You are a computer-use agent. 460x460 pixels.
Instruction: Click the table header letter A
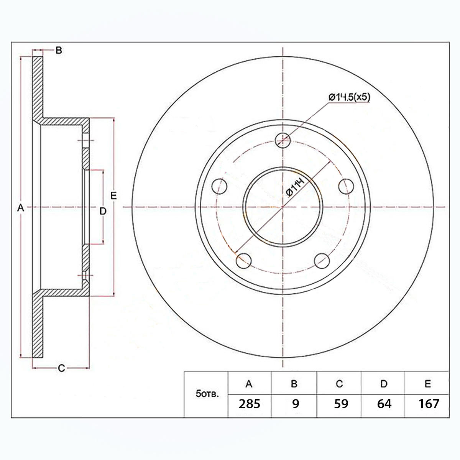(x=249, y=384)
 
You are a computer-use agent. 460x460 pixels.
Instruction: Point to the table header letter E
(x=427, y=384)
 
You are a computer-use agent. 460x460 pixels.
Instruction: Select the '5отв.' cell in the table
(x=207, y=394)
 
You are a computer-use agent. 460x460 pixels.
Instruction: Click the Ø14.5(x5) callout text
(x=349, y=97)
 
